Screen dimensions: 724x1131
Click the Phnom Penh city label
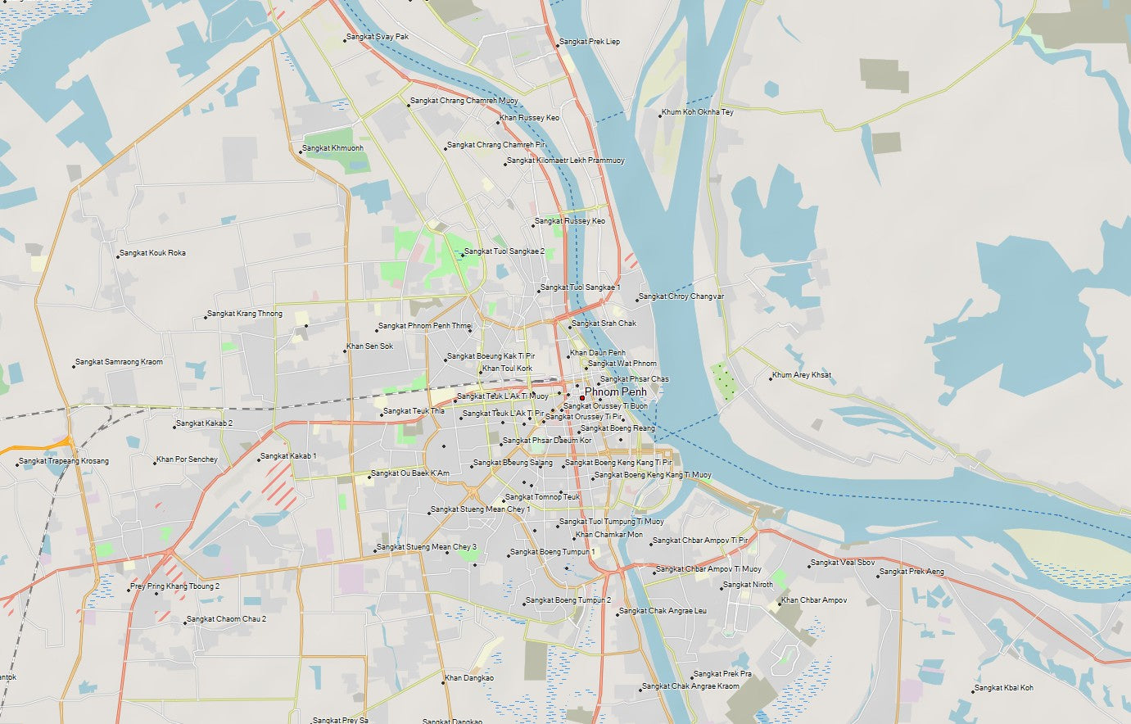(x=615, y=392)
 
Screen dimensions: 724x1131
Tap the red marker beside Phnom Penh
(x=581, y=398)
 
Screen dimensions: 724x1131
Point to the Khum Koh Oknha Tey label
(x=697, y=112)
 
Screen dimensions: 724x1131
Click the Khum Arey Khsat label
(x=803, y=375)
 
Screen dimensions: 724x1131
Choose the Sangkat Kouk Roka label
(x=152, y=253)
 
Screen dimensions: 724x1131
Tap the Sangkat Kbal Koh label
(x=1004, y=688)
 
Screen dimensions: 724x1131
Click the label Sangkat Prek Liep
(x=590, y=42)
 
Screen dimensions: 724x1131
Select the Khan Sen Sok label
(x=369, y=346)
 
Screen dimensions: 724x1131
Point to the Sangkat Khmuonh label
(x=333, y=148)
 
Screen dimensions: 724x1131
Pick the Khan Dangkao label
(x=469, y=678)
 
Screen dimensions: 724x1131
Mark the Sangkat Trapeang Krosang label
(x=64, y=461)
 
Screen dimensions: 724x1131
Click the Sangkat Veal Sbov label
(x=843, y=563)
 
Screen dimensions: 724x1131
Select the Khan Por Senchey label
(x=187, y=459)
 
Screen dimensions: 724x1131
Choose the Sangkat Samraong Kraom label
(x=119, y=362)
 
